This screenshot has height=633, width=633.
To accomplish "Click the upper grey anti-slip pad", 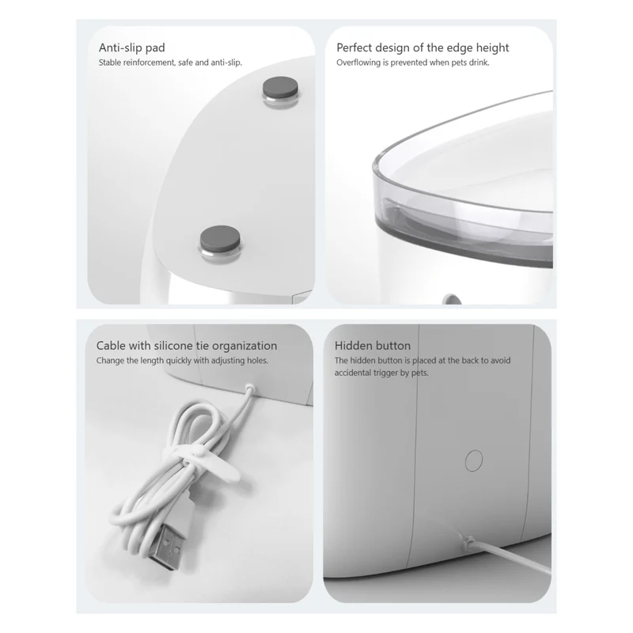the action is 280,87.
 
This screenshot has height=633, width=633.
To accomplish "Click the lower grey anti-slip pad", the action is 220,238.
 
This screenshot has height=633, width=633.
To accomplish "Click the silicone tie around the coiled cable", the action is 202,461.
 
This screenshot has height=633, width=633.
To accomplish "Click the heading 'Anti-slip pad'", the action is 131,47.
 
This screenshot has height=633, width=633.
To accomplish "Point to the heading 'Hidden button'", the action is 372,346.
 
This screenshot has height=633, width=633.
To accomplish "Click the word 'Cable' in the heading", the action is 111,346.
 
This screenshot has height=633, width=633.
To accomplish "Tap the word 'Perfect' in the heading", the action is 353,47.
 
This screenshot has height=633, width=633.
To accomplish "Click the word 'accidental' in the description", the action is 352,373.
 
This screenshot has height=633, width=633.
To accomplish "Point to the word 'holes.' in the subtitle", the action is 257,361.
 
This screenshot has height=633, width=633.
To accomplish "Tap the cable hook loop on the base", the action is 250,388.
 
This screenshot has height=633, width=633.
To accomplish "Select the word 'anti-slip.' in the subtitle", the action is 226,63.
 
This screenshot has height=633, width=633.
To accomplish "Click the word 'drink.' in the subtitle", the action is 479,63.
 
